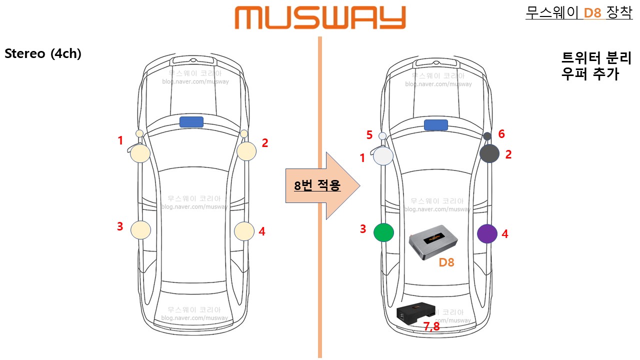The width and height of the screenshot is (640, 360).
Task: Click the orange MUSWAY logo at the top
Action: (320, 18)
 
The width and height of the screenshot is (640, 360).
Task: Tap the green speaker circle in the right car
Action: (383, 232)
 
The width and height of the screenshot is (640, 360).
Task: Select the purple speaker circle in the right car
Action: (487, 234)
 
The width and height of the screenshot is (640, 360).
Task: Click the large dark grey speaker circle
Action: (489, 153)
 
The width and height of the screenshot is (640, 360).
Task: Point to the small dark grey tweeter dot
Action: (487, 136)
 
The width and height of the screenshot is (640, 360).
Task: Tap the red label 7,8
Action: (431, 327)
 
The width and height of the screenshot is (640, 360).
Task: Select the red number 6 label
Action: (501, 133)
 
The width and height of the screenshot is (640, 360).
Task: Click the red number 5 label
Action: (369, 135)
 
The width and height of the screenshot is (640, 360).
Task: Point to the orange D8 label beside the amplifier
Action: (446, 262)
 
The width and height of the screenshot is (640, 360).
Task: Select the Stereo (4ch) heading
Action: (43, 53)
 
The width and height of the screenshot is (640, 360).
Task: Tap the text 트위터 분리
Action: (590, 57)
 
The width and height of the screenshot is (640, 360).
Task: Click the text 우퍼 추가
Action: (590, 74)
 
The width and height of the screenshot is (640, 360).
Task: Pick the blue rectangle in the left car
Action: (191, 122)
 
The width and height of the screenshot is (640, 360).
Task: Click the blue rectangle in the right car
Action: (435, 125)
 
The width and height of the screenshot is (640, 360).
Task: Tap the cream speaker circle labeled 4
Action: (244, 231)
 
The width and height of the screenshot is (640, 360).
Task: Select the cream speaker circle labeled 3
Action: (140, 229)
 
